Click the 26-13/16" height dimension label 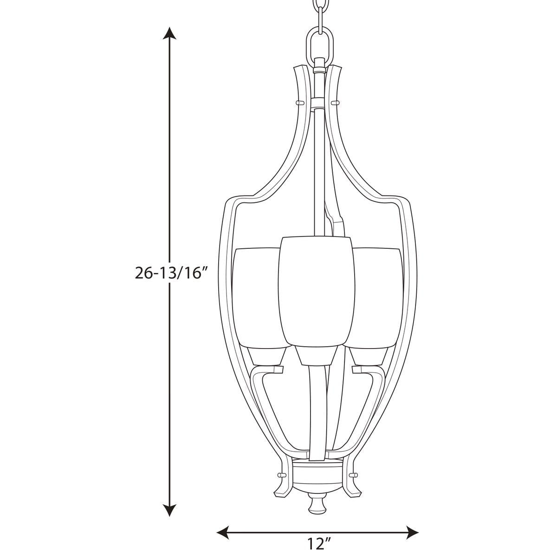point(172,273)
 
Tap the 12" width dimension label point(317,544)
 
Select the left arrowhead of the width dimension point(223,523)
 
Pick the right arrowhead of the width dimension point(412,523)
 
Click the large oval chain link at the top point(320,49)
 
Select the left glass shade point(256,298)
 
